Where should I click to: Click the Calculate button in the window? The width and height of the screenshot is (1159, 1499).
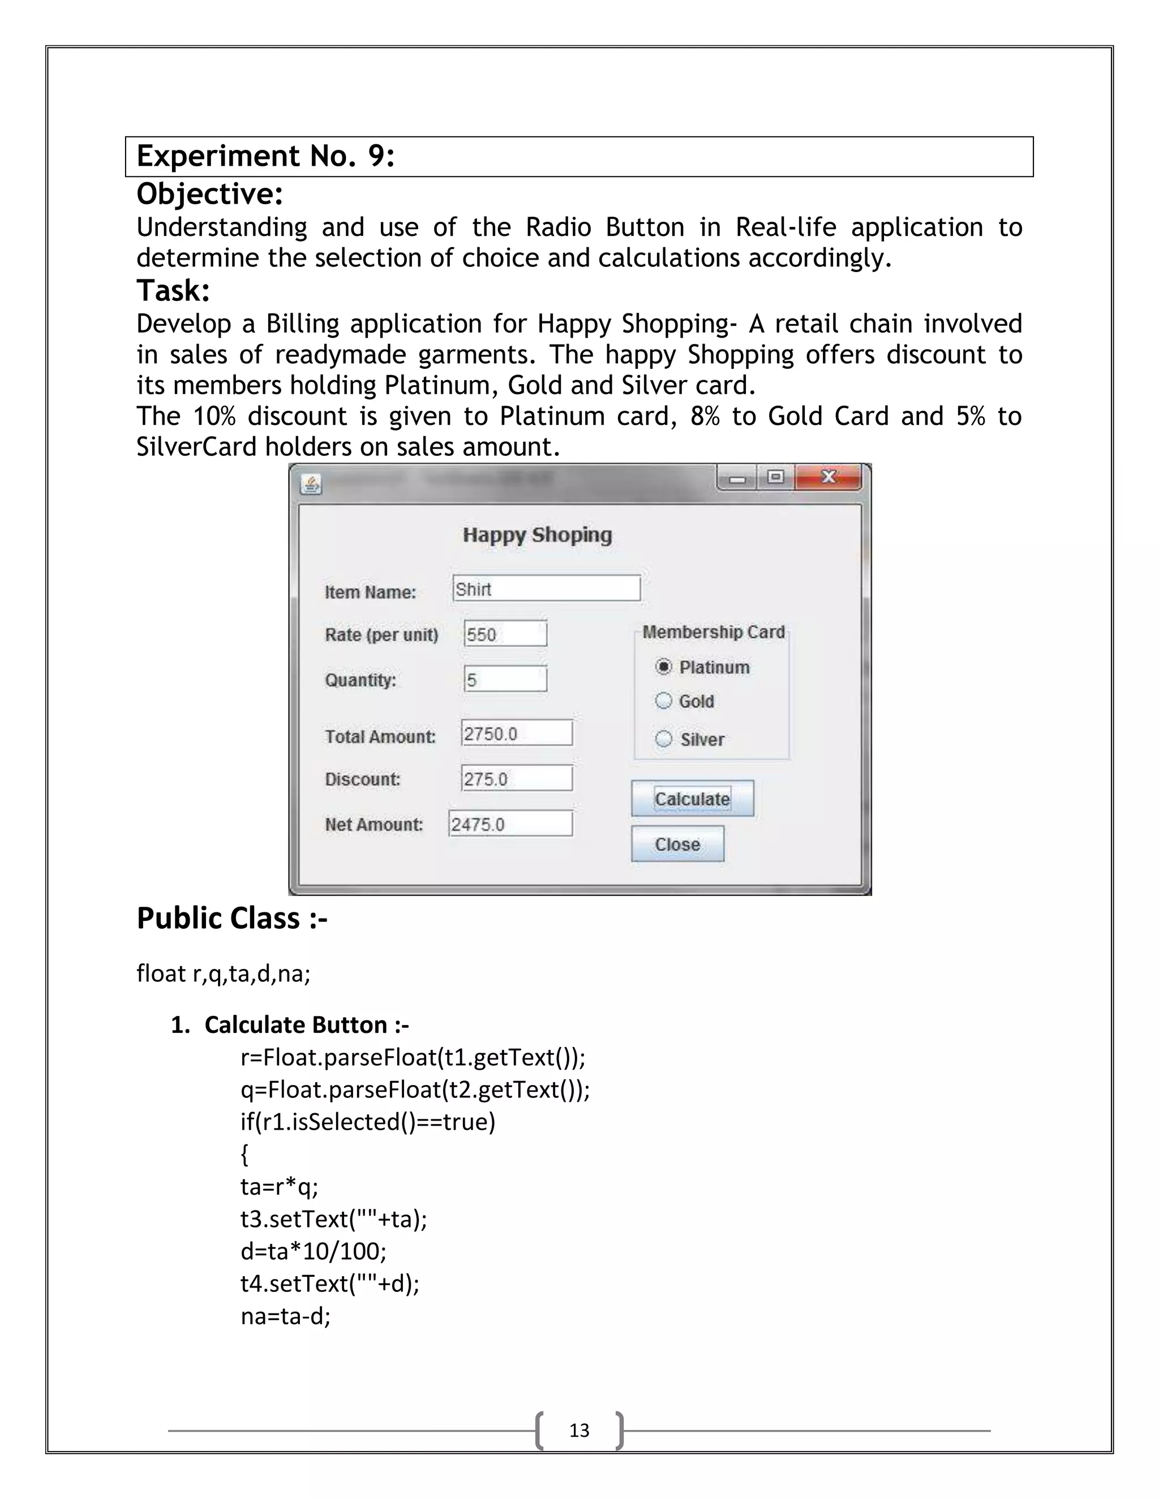[692, 798]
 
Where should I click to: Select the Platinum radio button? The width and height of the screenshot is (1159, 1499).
[663, 666]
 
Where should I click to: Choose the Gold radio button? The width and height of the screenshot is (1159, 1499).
[663, 701]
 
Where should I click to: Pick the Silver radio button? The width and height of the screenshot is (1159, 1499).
[663, 739]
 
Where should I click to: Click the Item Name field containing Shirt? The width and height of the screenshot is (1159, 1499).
[547, 588]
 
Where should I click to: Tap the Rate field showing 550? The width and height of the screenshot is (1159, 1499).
[505, 634]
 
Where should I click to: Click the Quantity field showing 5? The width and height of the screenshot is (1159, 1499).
[505, 679]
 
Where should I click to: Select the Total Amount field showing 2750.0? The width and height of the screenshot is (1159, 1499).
[516, 733]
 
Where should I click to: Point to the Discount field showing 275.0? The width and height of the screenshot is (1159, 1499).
[516, 778]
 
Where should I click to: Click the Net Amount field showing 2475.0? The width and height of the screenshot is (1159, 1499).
[510, 824]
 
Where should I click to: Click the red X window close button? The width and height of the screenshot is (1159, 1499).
[828, 477]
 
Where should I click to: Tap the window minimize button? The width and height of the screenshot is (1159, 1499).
[737, 479]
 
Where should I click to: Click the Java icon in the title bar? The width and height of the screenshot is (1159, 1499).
[311, 485]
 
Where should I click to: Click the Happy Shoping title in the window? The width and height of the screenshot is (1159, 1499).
[537, 535]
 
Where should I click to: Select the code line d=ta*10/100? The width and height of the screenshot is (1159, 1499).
[314, 1251]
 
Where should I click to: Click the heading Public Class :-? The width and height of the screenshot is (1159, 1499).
[232, 918]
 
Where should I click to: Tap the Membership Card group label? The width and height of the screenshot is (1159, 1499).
[714, 632]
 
